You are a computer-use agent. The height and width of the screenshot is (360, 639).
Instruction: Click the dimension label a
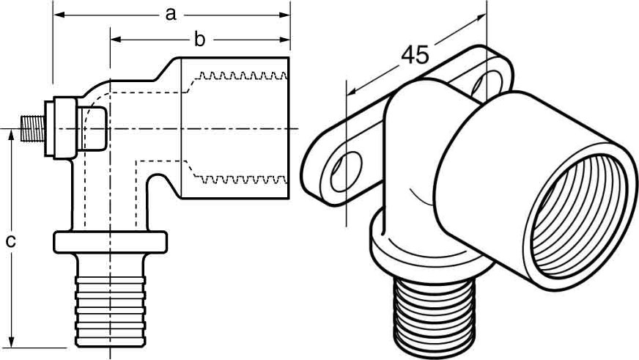(171, 14)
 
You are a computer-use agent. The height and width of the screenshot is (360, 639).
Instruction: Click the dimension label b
(199, 40)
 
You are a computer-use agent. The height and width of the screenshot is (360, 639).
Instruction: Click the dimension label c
(11, 241)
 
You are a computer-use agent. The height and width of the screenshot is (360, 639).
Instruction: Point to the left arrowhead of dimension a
(59, 15)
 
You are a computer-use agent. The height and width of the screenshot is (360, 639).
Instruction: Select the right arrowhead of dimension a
(284, 15)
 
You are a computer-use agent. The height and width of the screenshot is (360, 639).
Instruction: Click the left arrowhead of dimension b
(117, 40)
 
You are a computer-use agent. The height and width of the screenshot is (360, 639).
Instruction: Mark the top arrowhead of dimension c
(12, 136)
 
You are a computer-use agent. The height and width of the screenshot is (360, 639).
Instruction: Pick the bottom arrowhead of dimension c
(12, 342)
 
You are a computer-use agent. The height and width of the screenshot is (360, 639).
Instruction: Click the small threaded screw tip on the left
(32, 129)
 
